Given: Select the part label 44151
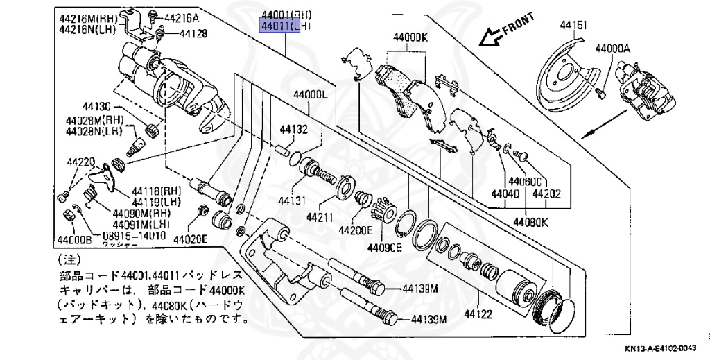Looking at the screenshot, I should (x=573, y=26).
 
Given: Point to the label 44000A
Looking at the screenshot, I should (x=613, y=49).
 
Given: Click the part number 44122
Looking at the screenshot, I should (x=478, y=314).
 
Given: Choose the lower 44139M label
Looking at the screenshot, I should (x=429, y=320).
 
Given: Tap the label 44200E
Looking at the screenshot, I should (x=356, y=230).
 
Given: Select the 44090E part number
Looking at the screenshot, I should (x=385, y=247).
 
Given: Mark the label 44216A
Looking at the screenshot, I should (x=182, y=17).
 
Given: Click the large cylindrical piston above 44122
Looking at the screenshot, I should (x=516, y=284).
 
